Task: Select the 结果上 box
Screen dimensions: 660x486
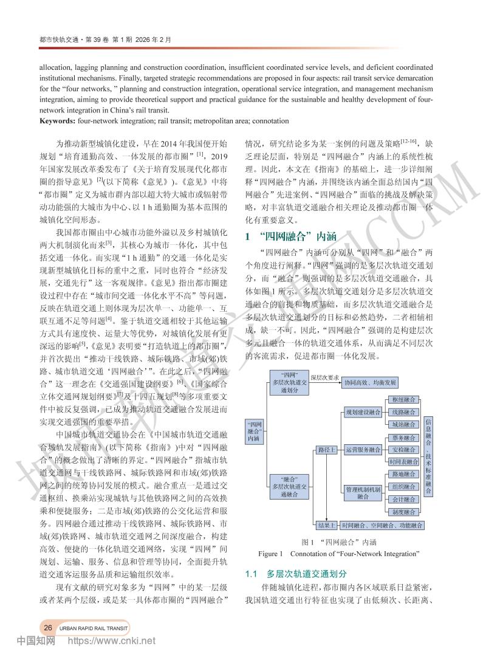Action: click(327, 524)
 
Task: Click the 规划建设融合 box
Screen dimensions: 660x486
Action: click(363, 412)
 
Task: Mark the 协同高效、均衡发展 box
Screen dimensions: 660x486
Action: click(370, 383)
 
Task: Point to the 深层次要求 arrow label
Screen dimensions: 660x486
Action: click(325, 377)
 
